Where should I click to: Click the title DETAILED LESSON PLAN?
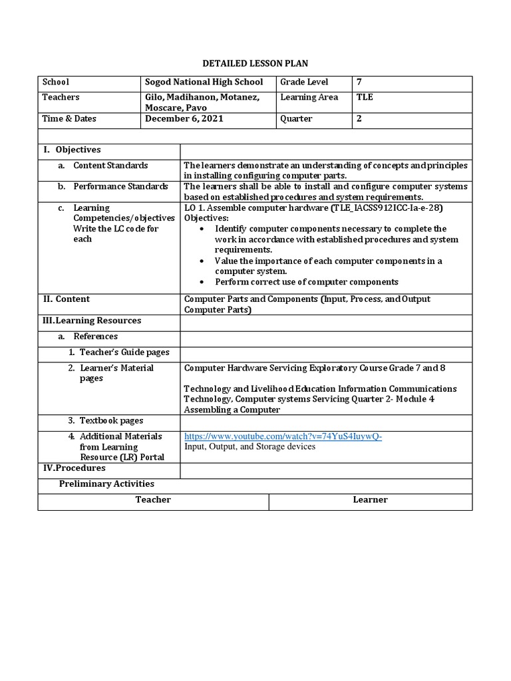pos(255,63)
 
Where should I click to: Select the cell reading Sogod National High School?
pos(204,82)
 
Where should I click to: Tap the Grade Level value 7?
pos(360,82)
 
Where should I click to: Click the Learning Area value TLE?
pos(365,97)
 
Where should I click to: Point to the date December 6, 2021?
pos(184,119)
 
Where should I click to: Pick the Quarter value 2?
pos(360,119)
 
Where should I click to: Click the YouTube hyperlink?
pos(283,436)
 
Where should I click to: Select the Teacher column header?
pos(153,499)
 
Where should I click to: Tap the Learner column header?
pos(370,499)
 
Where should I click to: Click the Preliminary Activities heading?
pos(106,483)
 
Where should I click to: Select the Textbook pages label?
pos(111,420)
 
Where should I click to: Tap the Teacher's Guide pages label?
pos(124,352)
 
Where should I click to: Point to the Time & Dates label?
pos(69,119)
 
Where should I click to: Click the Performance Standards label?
pos(120,186)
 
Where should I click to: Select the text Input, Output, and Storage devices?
pos(250,447)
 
